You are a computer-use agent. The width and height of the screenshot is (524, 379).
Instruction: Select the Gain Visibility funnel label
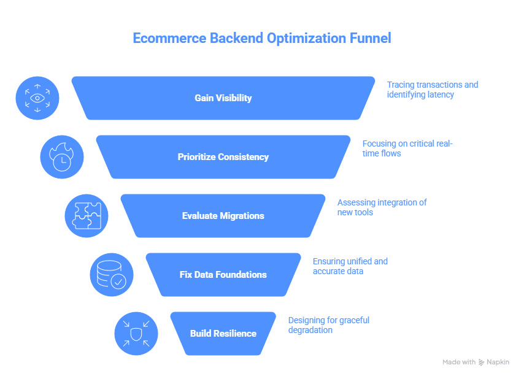coord(223,98)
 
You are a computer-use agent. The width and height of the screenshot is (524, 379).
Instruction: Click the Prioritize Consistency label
coord(223,157)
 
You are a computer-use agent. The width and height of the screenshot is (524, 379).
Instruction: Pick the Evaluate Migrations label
coord(223,216)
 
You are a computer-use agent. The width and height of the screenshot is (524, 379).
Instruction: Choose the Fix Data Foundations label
coord(223,275)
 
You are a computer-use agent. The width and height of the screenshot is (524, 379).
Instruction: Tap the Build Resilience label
coord(223,334)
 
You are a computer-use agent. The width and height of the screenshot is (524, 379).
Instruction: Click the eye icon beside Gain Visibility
coord(37,98)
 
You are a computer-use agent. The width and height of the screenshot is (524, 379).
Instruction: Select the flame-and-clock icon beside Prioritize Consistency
coord(62,157)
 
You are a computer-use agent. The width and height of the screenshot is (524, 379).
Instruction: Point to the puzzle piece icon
coord(87,216)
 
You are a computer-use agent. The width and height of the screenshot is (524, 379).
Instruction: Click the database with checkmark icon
coord(112,275)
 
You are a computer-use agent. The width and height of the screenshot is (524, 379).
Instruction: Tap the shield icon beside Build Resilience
coord(136,334)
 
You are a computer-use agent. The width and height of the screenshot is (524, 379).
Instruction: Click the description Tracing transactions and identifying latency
coord(432,90)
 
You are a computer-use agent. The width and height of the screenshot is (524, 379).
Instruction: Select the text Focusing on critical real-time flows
coord(407,148)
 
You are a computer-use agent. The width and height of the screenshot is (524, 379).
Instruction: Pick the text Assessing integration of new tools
coord(382,207)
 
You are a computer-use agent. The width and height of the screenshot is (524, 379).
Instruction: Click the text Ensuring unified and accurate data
coord(350,266)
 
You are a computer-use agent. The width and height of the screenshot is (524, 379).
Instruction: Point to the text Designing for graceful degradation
coord(328,325)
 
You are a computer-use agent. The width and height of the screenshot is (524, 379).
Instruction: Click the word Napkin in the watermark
coord(498,362)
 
